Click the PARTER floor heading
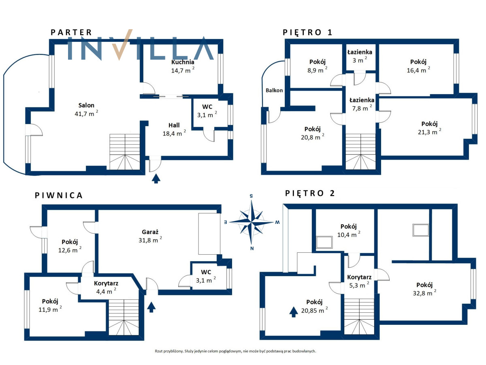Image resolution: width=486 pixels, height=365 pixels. point(71,32)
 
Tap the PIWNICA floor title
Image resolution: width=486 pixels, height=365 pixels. point(59,195)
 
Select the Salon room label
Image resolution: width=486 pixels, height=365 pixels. point(86,105)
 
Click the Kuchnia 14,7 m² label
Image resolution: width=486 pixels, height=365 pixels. point(183,66)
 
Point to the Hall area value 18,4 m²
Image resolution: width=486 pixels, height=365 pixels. point(174,133)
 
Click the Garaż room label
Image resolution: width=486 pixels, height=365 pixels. point(150,232)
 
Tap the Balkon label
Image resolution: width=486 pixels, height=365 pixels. point(274,90)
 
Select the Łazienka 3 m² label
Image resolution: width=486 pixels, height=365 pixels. point(360,56)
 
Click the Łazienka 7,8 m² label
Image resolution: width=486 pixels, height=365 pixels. point(362,104)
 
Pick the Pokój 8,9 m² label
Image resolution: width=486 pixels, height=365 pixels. point(317,66)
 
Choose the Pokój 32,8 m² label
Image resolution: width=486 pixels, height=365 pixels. point(424,289)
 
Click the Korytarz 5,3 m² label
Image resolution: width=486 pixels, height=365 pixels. point(359,281)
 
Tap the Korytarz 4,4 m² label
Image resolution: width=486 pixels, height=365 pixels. point(106,288)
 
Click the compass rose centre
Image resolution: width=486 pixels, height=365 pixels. point(252,222)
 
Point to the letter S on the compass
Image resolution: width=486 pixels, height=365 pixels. point(251,196)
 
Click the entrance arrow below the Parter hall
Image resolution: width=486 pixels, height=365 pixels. point(156,178)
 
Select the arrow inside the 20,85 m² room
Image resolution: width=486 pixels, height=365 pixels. point(293,312)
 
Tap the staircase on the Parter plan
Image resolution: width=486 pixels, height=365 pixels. point(125,152)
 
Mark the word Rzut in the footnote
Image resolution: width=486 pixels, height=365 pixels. point(158,351)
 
